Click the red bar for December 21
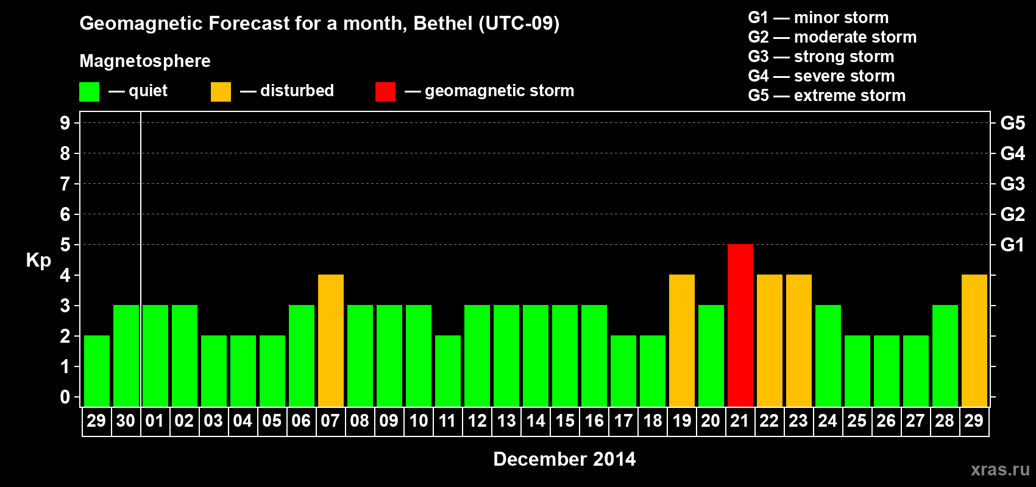[740, 325]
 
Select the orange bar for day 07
[331, 340]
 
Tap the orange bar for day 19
[681, 340]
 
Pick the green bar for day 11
[448, 371]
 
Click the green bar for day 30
[126, 356]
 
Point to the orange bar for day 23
[798, 340]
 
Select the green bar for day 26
[886, 371]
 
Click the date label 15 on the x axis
[565, 421]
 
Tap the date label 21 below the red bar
[740, 421]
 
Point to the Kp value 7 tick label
[65, 184]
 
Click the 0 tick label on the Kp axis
[65, 397]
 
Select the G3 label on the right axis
[1012, 184]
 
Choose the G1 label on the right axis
[1012, 245]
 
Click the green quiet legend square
[89, 92]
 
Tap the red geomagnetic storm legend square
[385, 92]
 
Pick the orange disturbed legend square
[221, 92]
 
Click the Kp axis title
[38, 261]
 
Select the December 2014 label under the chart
[564, 459]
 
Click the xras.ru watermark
[1000, 469]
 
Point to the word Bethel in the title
[443, 24]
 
